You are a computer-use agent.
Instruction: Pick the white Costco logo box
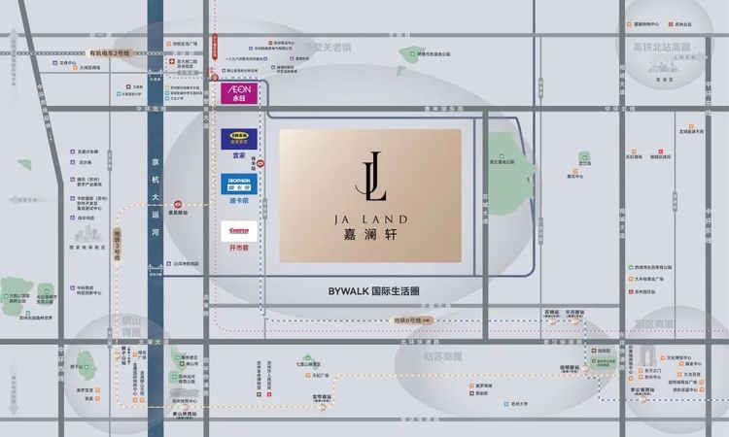pos(237,231)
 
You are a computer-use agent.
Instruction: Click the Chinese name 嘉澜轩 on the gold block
pos(370,234)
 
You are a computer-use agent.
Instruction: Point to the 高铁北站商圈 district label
pos(660,46)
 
